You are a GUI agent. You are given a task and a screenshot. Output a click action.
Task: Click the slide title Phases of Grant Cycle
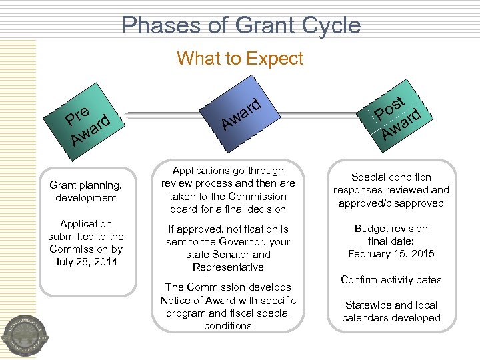pyautogui.click(x=241, y=25)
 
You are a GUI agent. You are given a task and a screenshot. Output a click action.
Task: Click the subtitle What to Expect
pyautogui.click(x=240, y=59)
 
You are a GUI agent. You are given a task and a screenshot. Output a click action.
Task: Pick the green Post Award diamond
pyautogui.click(x=397, y=114)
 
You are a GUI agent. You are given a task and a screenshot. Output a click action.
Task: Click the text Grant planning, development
pyautogui.click(x=86, y=191)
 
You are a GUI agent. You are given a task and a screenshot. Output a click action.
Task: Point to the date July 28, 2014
pyautogui.click(x=87, y=261)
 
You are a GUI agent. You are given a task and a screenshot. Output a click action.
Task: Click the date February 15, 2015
pyautogui.click(x=391, y=253)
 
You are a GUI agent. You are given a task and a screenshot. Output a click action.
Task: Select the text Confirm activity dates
pyautogui.click(x=391, y=279)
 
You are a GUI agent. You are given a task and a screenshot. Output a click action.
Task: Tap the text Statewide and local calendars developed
pyautogui.click(x=391, y=311)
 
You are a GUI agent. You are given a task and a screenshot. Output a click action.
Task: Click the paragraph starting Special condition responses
pyautogui.click(x=391, y=190)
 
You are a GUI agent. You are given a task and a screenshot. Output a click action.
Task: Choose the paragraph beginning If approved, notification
pyautogui.click(x=227, y=248)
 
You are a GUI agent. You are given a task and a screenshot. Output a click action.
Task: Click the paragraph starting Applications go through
pyautogui.click(x=227, y=190)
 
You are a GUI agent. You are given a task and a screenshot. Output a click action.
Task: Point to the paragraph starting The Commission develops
pyautogui.click(x=227, y=306)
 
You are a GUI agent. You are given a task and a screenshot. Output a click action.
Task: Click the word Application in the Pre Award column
pyautogui.click(x=86, y=223)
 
